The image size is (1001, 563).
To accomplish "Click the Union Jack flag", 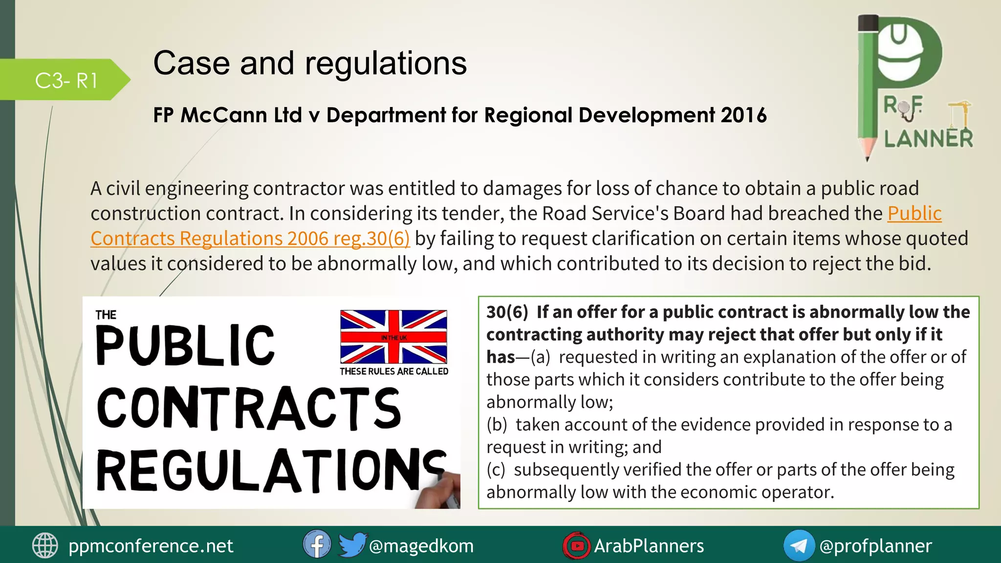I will pos(393,337).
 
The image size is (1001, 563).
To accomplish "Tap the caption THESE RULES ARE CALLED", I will pos(394,371).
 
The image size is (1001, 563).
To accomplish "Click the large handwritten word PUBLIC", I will pos(186,346).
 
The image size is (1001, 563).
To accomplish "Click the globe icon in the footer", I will pos(45,545).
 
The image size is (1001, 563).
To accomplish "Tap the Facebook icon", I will pos(317,544).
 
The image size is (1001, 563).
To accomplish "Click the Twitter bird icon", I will pos(352,544).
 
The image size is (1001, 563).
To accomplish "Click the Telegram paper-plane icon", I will pos(799,545).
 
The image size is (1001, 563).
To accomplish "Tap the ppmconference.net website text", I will pos(151,546).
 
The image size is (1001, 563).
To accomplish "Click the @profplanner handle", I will pos(875,546).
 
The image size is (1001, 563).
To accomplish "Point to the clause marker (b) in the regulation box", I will pos(497,425).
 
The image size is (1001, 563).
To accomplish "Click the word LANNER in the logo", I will pos(928,139).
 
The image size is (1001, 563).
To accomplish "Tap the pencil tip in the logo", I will pos(867,155).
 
